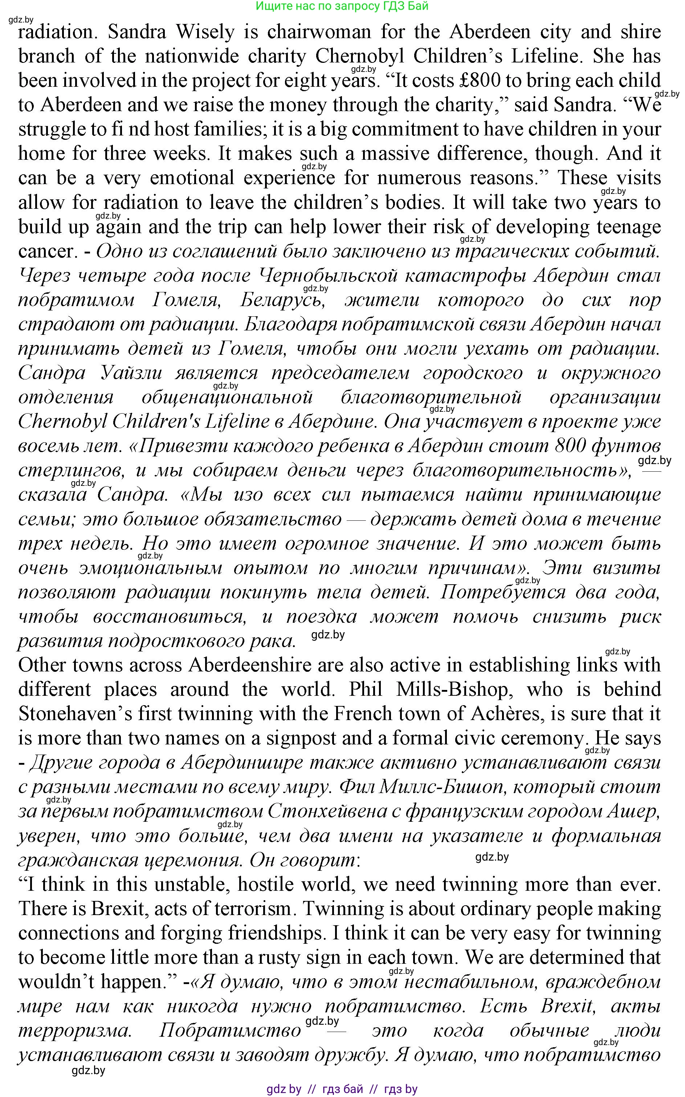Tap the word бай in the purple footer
coord(353,1088)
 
